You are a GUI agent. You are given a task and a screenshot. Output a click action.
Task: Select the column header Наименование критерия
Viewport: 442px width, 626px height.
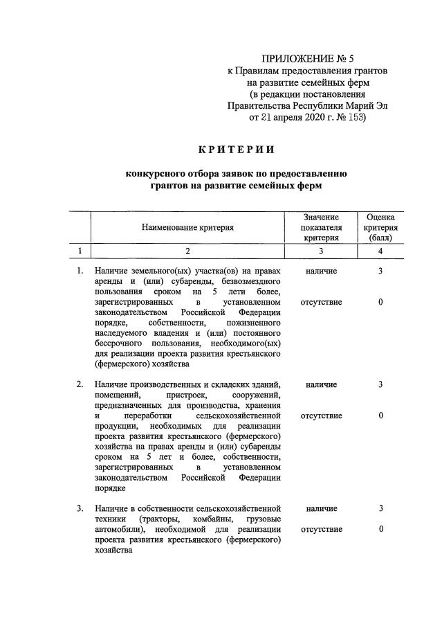(187, 227)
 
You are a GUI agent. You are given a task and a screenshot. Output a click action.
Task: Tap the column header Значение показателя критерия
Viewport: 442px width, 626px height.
(321, 227)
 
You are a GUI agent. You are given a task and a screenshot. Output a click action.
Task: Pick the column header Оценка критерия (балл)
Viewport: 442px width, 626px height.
(380, 227)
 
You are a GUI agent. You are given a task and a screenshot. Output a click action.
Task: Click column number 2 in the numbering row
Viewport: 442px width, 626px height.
(187, 251)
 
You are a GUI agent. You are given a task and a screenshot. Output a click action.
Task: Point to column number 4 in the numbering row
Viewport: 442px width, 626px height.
(380, 251)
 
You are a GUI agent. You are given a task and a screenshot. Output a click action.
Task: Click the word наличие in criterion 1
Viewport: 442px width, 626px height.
(321, 271)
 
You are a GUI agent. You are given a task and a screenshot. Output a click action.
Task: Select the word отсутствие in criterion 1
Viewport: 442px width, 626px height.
(321, 303)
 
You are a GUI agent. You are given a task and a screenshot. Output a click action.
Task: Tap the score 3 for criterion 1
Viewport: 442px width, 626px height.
(380, 271)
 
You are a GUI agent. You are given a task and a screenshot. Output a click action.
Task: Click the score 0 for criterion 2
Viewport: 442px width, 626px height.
(380, 415)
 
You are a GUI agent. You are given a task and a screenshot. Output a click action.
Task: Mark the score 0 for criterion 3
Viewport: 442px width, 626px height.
(380, 529)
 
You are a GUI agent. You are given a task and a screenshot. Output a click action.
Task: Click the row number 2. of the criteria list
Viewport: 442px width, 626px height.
(80, 384)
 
